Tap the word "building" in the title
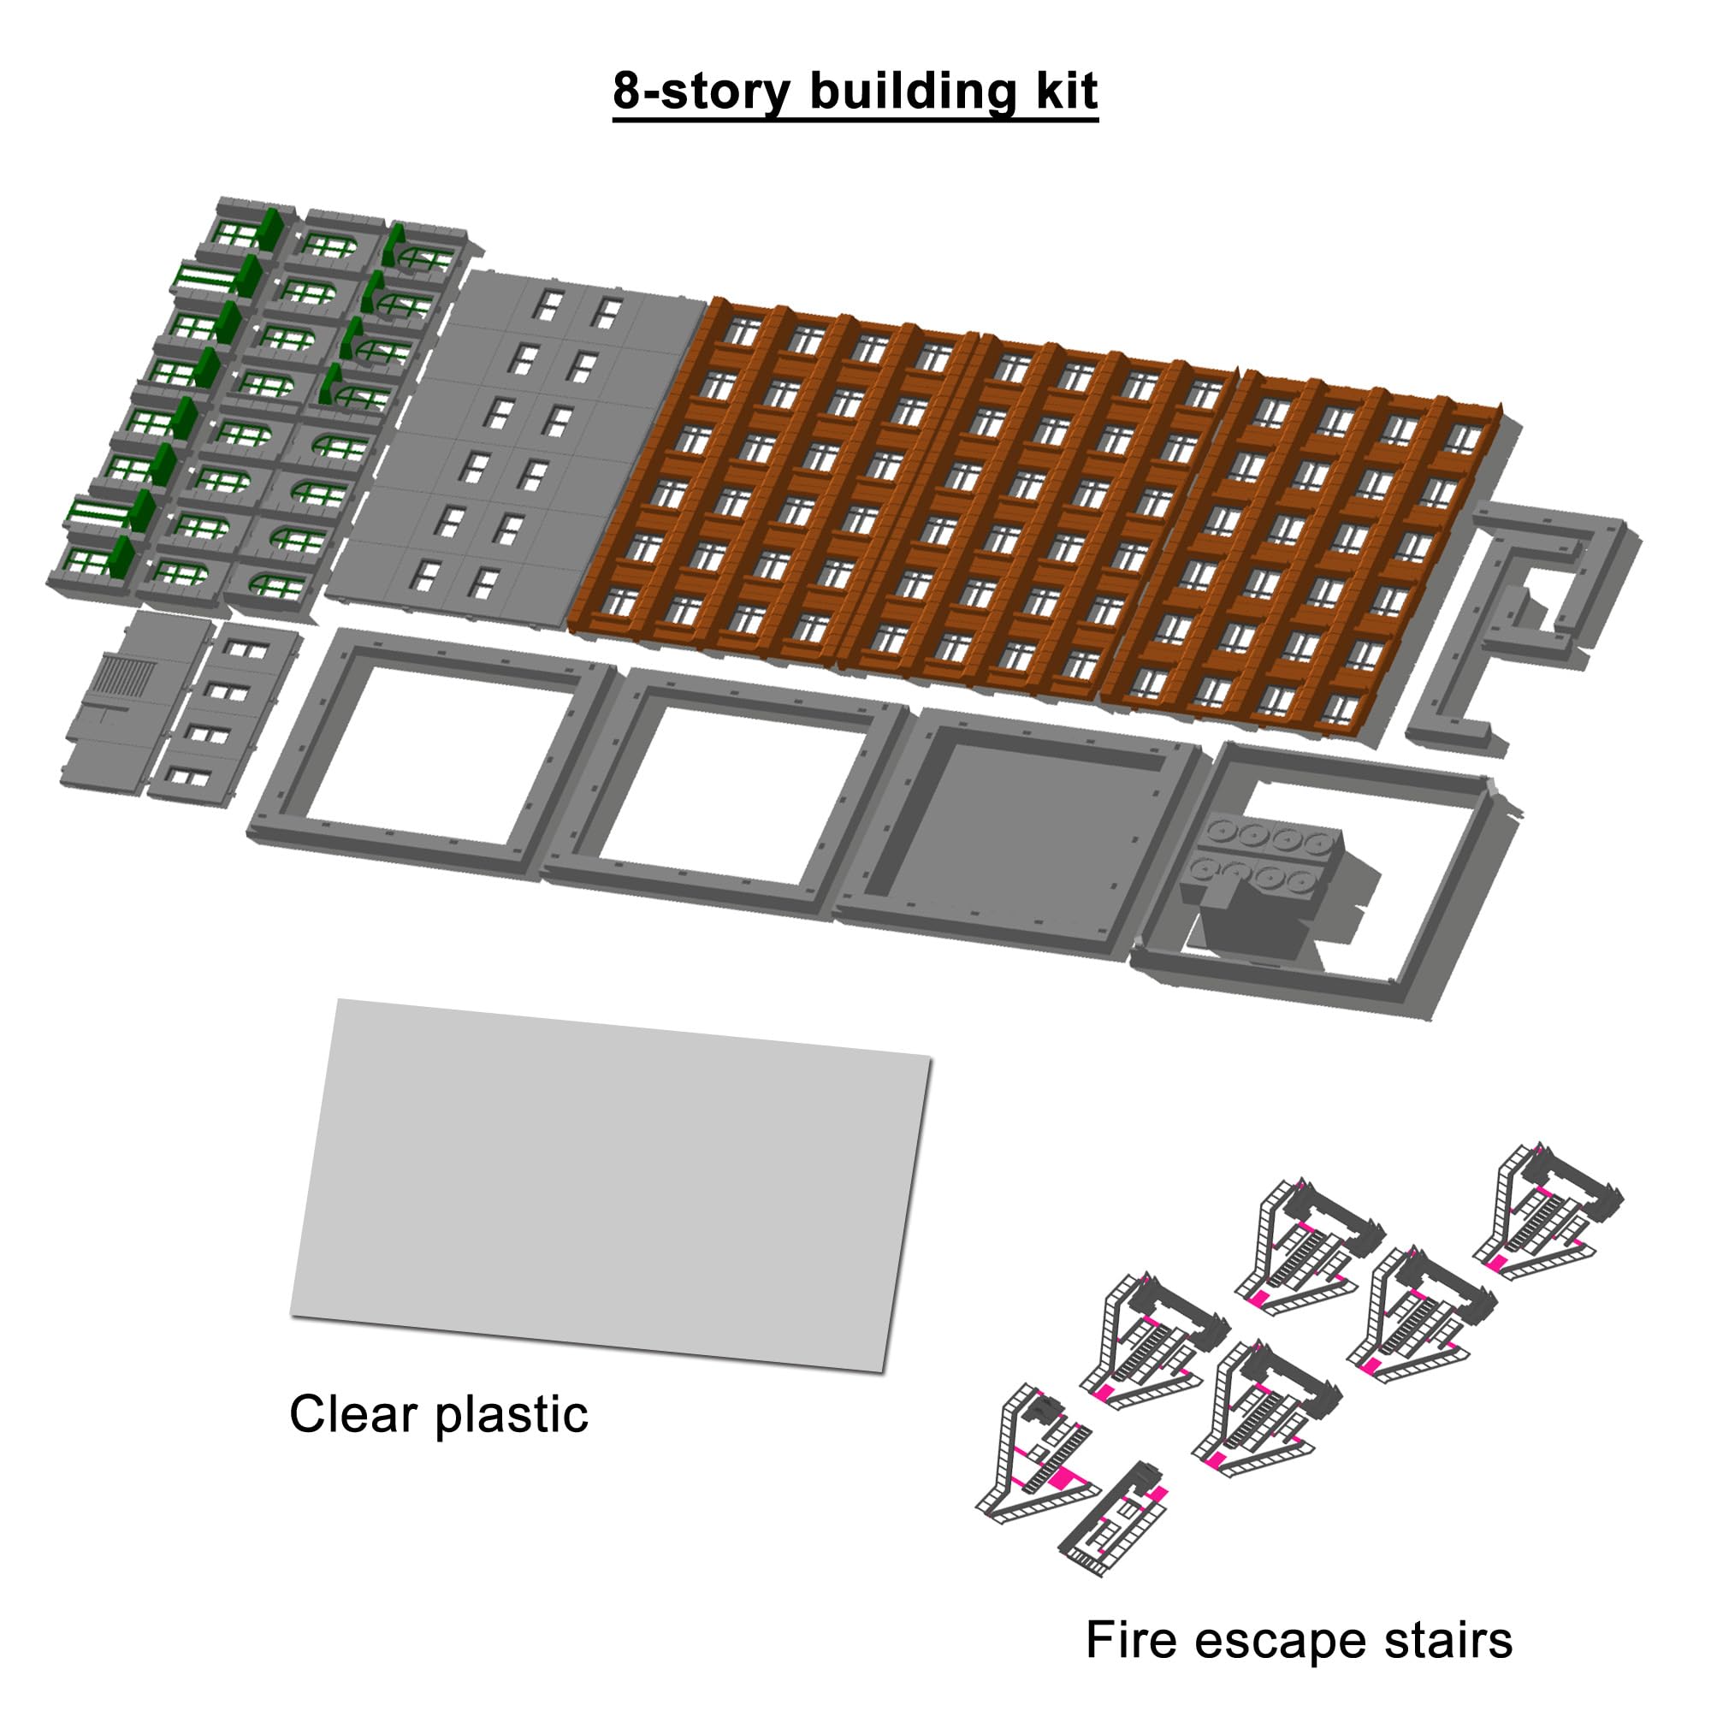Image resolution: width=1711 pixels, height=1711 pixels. pyautogui.click(x=913, y=91)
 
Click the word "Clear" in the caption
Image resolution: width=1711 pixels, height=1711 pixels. pyautogui.click(x=356, y=1413)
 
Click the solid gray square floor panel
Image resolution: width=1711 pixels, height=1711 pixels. pyautogui.click(x=1018, y=831)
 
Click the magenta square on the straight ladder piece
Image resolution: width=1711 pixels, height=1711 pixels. pyautogui.click(x=1153, y=1495)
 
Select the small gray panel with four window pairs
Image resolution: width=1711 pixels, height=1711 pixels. pyautogui.click(x=222, y=713)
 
